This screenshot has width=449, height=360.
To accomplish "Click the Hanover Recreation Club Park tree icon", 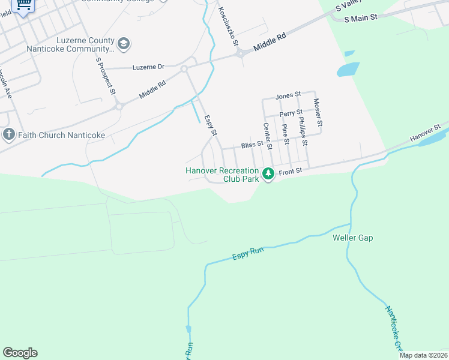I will (268, 174).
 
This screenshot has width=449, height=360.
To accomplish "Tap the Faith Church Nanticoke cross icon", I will (8, 134).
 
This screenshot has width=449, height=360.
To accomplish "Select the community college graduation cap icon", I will (124, 43).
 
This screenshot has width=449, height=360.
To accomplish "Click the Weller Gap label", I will (353, 238).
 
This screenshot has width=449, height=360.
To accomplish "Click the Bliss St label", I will (252, 145).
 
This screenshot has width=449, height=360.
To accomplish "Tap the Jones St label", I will (288, 97).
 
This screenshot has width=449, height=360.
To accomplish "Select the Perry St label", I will (291, 113).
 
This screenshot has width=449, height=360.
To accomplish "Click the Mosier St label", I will (318, 113).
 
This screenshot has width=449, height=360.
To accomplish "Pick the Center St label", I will (268, 136).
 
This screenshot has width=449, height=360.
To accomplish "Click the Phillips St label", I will (303, 133).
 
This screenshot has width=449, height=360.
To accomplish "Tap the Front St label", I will (289, 172).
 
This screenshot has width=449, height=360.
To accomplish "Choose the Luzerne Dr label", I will (148, 67).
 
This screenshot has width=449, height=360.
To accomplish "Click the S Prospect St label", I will (105, 75).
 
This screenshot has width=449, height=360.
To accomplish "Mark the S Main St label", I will (361, 18).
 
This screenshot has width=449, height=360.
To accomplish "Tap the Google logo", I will (20, 353).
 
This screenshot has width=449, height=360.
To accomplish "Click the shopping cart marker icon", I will (23, 5).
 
